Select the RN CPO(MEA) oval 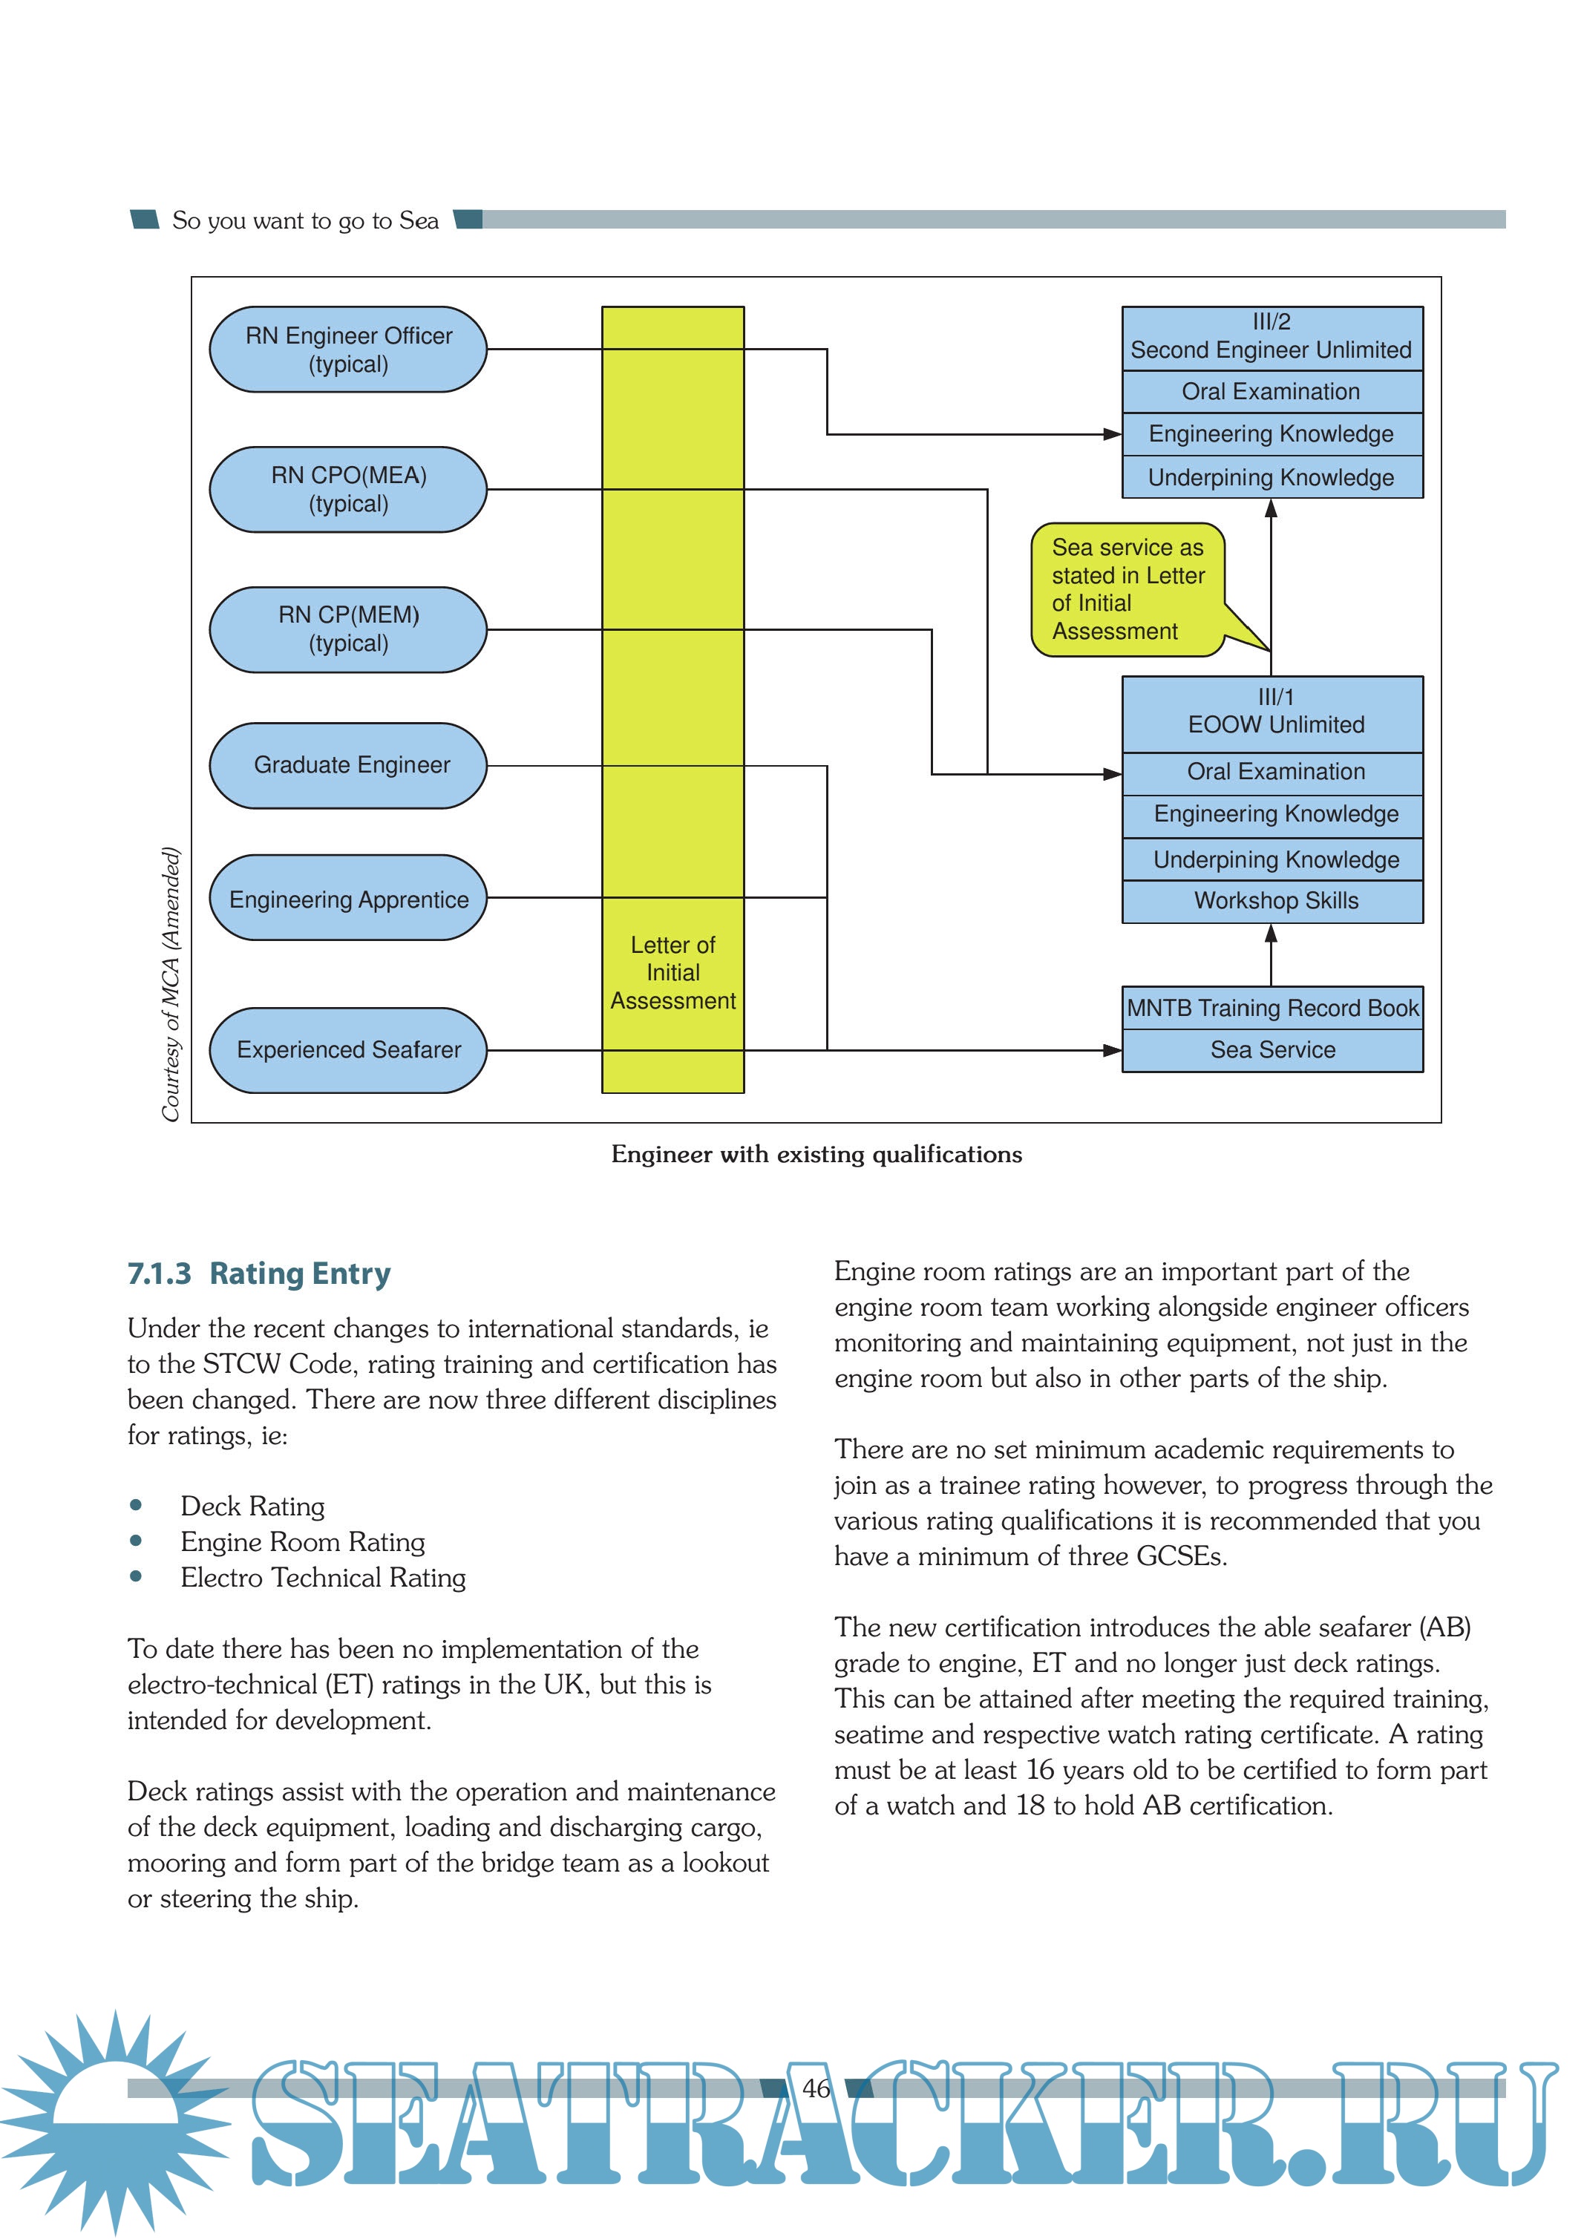point(348,490)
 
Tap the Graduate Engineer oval point(348,766)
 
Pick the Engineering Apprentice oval point(348,898)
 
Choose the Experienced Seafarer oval point(348,1050)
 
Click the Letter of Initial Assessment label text point(673,973)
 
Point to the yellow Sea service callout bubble point(1128,589)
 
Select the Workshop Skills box point(1273,901)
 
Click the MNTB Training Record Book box point(1273,1009)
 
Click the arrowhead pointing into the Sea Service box point(1112,1050)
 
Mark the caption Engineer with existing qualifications point(816,1155)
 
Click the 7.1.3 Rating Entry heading point(260,1273)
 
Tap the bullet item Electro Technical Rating point(323,1578)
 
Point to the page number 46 point(816,2088)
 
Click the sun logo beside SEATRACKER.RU point(116,2116)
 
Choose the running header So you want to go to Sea point(305,221)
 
